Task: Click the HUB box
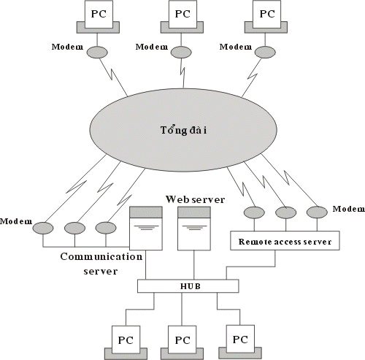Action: click(x=188, y=286)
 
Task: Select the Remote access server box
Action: click(x=285, y=241)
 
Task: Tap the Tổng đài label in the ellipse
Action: click(x=184, y=131)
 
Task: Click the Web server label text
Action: click(x=196, y=199)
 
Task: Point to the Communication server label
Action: click(x=101, y=264)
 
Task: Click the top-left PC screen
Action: click(x=99, y=14)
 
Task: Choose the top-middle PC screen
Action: click(x=182, y=14)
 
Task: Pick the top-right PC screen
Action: click(x=267, y=14)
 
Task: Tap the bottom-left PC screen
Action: click(x=126, y=340)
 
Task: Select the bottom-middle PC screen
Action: click(x=182, y=340)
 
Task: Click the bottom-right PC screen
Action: click(x=240, y=340)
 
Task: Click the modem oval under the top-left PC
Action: click(x=97, y=52)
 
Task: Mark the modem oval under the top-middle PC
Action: click(x=181, y=52)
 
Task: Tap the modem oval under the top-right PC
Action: click(x=265, y=52)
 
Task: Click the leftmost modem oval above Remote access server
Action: click(x=254, y=212)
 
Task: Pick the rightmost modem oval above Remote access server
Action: click(x=317, y=212)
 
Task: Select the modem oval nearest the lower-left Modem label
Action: click(x=43, y=228)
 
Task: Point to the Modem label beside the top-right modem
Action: click(x=236, y=47)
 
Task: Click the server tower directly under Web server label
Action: click(x=194, y=229)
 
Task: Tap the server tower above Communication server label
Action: click(x=146, y=229)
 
